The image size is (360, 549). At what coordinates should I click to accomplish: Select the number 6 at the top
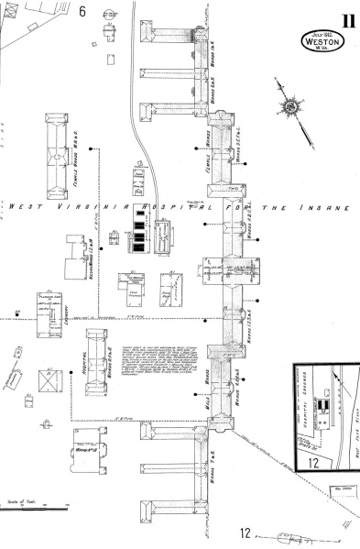[82, 12]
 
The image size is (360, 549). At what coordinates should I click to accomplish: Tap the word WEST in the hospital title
[26, 206]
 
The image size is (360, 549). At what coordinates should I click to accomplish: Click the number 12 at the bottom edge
[245, 533]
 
